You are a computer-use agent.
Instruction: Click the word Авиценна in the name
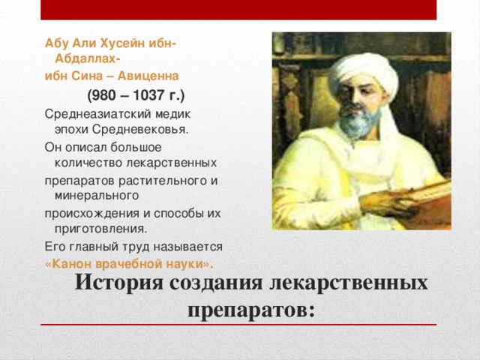tap(148, 76)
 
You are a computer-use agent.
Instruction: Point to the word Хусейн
tap(122, 43)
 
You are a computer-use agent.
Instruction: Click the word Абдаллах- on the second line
tap(87, 58)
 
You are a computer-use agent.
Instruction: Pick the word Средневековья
tap(140, 130)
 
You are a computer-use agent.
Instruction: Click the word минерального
tap(97, 196)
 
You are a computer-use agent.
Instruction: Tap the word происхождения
tap(91, 214)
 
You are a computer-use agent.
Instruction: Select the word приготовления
tap(101, 229)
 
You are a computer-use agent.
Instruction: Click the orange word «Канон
tap(68, 264)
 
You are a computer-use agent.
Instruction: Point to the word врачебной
tap(130, 264)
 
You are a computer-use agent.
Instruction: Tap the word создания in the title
tap(216, 282)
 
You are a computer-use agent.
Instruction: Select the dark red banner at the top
tap(238, 10)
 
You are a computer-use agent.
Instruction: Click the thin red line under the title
tap(238, 325)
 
